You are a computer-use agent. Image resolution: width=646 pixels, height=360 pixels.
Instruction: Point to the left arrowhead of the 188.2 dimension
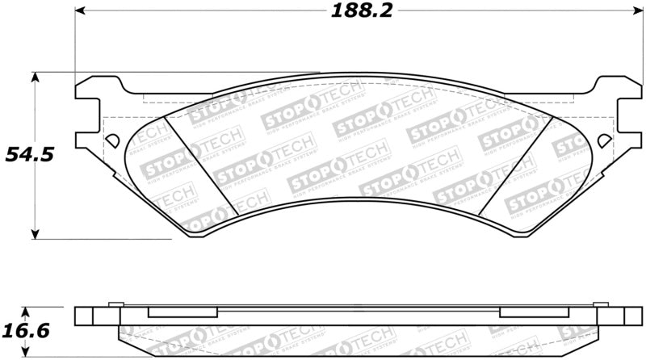coord(82,11)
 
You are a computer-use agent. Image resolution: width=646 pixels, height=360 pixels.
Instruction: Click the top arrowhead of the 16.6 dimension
coord(27,312)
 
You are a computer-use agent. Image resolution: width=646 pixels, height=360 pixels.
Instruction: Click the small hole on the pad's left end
coord(111,139)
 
